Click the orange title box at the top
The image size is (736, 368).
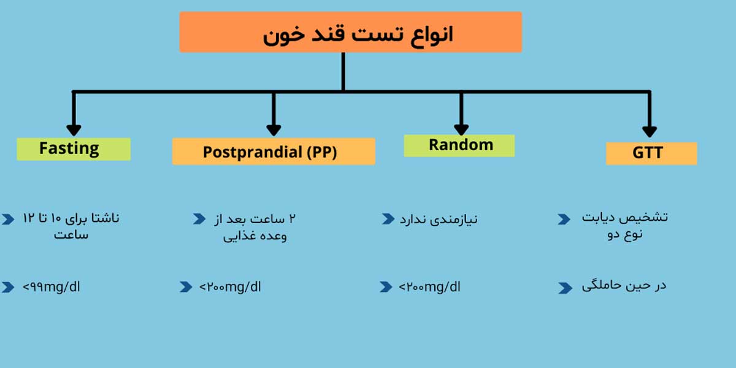(x=351, y=32)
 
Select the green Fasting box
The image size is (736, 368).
(x=74, y=149)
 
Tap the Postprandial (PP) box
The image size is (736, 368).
(x=274, y=151)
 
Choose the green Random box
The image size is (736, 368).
(x=459, y=146)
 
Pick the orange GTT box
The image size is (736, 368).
(x=651, y=153)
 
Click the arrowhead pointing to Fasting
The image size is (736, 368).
(x=74, y=131)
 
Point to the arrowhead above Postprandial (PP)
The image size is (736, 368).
(x=274, y=131)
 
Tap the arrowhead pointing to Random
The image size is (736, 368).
(x=461, y=130)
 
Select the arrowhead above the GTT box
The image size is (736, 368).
(x=650, y=132)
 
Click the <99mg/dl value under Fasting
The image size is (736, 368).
(x=52, y=287)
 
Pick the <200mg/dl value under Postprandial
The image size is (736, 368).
(x=230, y=287)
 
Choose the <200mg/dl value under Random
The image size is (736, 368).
(x=429, y=287)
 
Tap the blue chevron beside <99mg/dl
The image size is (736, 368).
(x=8, y=287)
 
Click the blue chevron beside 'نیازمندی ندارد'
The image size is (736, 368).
(x=388, y=219)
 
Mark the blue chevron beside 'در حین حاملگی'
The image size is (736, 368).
(x=565, y=288)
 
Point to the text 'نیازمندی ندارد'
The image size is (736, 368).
(x=439, y=220)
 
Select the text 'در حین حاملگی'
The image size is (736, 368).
(x=624, y=286)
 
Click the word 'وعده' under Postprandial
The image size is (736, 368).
(x=272, y=236)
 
